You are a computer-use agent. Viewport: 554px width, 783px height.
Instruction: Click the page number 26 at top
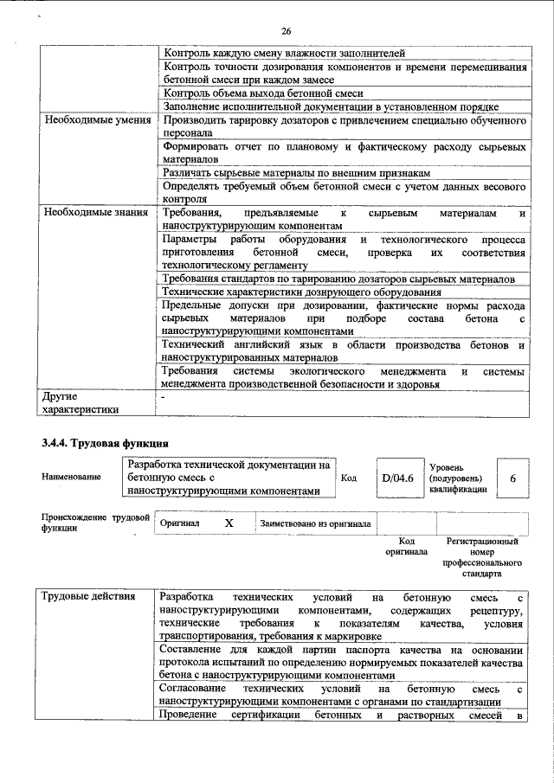[x=286, y=31]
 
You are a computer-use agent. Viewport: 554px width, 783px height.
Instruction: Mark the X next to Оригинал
[x=229, y=523]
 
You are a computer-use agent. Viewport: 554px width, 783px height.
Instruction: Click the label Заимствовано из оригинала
[x=316, y=523]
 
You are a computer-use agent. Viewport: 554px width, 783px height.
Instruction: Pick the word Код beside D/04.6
[x=350, y=478]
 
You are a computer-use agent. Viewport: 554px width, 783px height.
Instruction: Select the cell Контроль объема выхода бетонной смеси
[x=262, y=93]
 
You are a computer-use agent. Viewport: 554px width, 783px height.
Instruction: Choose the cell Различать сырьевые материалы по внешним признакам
[x=296, y=173]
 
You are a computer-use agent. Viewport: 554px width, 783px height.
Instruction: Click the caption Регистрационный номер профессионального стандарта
[x=481, y=557]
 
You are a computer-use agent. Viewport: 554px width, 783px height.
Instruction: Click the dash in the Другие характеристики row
[x=164, y=396]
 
